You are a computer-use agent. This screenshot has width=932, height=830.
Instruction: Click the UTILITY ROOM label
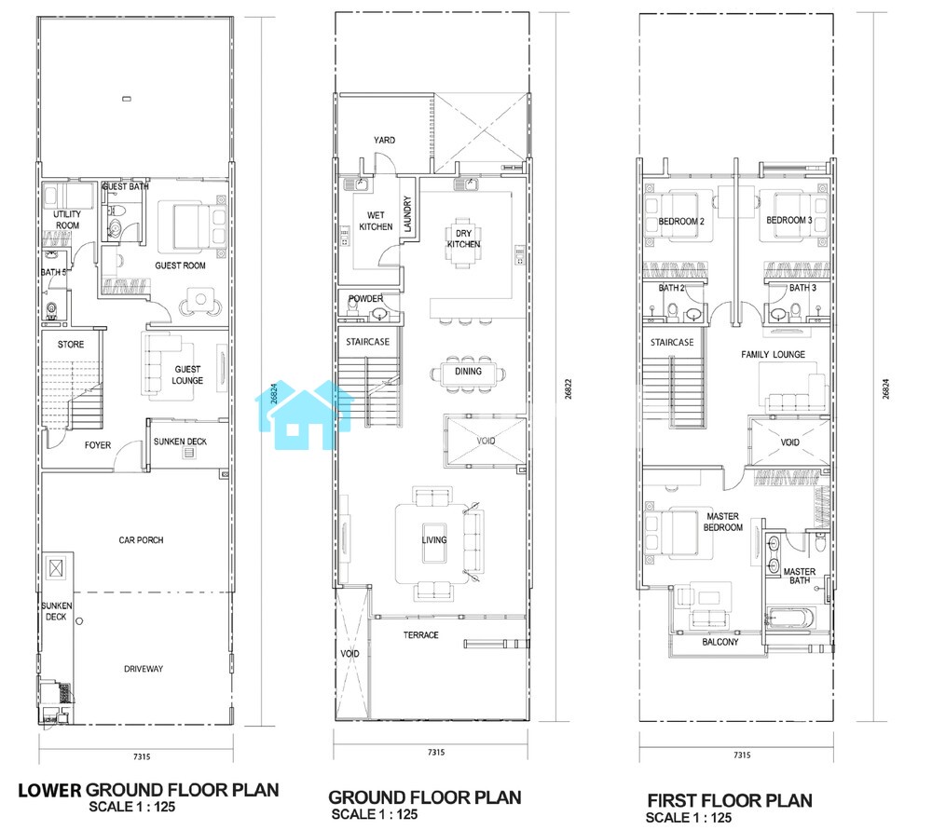click(x=67, y=220)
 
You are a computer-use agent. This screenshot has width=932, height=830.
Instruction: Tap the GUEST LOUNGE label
click(x=187, y=374)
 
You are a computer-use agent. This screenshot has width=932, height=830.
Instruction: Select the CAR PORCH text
click(x=141, y=540)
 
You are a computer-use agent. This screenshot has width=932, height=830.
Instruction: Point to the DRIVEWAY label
click(x=144, y=669)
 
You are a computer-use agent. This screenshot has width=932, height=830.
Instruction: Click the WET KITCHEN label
click(x=376, y=221)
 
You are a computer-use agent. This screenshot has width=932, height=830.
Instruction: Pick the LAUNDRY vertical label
click(x=407, y=214)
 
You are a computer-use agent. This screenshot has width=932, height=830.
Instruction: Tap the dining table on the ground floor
click(x=468, y=374)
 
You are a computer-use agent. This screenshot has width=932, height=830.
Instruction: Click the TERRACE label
click(x=421, y=635)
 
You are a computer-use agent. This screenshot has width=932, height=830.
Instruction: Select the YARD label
click(x=384, y=141)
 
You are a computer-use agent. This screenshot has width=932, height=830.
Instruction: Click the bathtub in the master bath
click(x=788, y=619)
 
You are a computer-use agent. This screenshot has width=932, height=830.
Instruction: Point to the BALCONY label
click(x=720, y=642)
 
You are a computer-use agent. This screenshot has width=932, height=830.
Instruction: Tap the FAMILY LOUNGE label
click(x=773, y=355)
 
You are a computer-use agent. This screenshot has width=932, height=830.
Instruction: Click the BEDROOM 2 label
click(x=681, y=222)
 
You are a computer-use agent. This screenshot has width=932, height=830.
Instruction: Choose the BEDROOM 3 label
click(x=788, y=221)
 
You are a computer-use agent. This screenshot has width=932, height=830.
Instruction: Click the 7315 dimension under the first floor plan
click(x=742, y=755)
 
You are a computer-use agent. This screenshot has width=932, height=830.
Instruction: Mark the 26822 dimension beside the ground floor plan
click(x=569, y=389)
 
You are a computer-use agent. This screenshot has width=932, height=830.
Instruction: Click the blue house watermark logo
click(x=305, y=415)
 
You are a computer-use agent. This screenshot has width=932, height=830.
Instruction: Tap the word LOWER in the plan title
click(x=49, y=791)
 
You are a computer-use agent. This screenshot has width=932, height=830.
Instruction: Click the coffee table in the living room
click(x=434, y=542)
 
